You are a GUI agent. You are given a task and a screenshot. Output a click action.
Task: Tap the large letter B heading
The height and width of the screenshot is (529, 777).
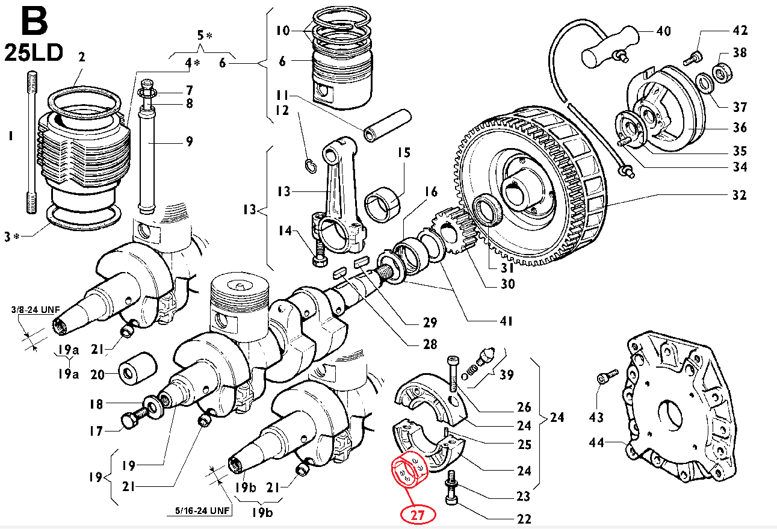34,22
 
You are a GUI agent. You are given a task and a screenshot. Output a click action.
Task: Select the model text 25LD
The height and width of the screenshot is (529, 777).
34,53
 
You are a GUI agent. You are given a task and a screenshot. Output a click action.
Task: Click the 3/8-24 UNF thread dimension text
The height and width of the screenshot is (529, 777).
36,310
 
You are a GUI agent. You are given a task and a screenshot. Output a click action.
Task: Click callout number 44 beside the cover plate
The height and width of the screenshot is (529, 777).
596,443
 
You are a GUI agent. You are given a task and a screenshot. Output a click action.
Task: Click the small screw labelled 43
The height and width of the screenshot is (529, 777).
605,378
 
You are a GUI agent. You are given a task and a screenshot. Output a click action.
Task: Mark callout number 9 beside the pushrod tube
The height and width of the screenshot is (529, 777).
189,142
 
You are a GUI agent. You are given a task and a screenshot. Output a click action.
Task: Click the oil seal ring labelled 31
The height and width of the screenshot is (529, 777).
486,211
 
